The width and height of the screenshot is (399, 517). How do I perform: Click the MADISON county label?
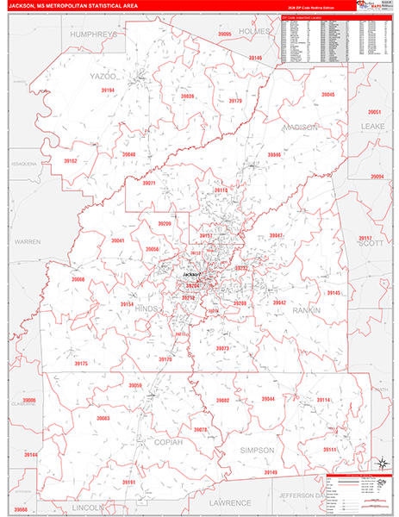click(300, 127)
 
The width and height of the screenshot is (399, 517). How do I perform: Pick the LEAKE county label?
click(373, 126)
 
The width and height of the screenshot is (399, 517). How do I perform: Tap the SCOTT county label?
click(371, 244)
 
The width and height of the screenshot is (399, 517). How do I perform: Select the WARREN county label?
click(28, 242)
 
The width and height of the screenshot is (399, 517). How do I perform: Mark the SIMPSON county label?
click(258, 450)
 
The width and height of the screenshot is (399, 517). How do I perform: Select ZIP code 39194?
click(107, 90)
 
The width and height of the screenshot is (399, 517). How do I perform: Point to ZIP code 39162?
click(71, 161)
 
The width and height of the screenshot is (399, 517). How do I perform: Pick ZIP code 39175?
click(81, 364)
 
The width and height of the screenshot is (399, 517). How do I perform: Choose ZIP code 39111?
click(330, 449)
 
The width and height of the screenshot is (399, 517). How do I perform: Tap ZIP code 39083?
click(103, 418)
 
